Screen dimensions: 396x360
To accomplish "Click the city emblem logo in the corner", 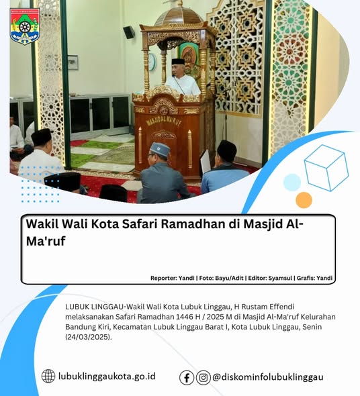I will point(24,26).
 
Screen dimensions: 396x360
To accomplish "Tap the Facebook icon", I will point(187,377).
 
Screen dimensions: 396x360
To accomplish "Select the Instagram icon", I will point(204,377).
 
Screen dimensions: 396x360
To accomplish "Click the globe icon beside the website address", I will point(48,377).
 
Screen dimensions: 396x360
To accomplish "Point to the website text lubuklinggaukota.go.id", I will point(107,377).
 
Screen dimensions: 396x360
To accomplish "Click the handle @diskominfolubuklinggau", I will point(268,377).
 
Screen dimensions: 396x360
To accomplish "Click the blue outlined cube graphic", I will point(326,167).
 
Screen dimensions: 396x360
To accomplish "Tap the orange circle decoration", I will point(304,199).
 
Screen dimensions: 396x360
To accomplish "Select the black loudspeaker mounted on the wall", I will point(128,32).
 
